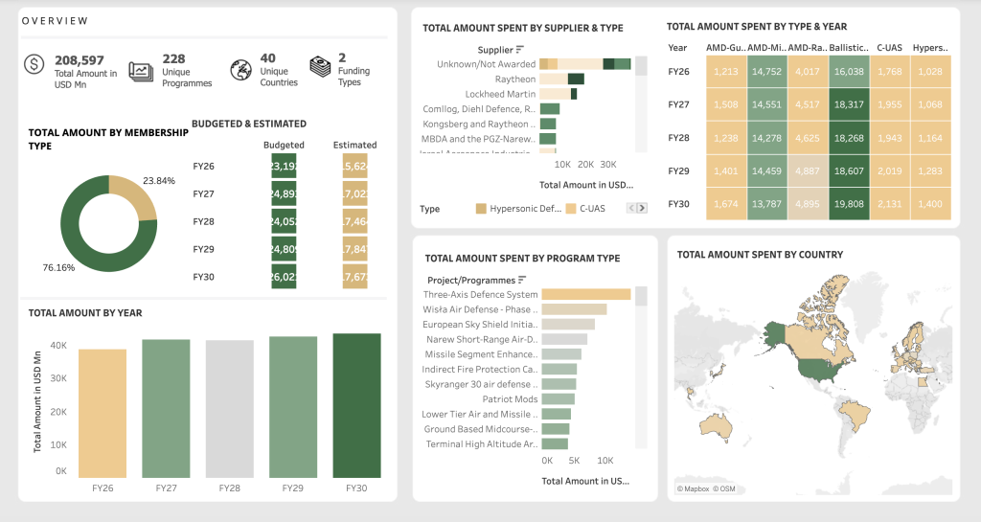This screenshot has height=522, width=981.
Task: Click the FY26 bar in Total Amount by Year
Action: coord(102,413)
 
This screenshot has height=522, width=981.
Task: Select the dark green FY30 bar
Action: coord(356,405)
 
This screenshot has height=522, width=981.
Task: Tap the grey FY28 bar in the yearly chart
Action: coord(229,409)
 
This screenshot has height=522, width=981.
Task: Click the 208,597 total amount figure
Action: coord(80,59)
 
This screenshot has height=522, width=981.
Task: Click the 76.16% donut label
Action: coord(58,267)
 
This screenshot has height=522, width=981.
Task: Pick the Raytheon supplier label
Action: coord(515,79)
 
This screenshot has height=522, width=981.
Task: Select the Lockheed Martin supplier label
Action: coord(499,94)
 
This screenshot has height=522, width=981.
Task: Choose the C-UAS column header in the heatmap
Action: coord(890,47)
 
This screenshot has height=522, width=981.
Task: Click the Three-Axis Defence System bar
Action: coord(586,295)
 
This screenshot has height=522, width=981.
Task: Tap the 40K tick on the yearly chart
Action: coord(58,345)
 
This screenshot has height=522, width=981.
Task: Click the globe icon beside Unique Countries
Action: coord(240,69)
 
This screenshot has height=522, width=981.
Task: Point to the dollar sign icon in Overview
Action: coord(34,65)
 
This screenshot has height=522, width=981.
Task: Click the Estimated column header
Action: coord(354,146)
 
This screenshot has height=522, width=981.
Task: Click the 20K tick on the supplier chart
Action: coord(585,164)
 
